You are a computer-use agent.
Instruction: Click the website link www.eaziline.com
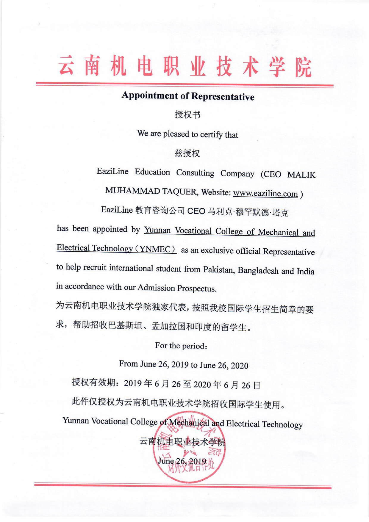[x=265, y=194]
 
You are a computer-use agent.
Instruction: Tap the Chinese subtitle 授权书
[x=187, y=115]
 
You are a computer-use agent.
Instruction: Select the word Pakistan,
[x=219, y=270]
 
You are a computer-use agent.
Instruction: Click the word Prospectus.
[x=197, y=288]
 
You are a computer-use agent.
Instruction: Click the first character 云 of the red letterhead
[x=66, y=65]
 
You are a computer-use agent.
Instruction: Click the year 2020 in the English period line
[x=239, y=366]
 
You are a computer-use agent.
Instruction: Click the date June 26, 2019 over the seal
[x=182, y=461]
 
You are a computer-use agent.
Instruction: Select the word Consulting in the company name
[x=195, y=173]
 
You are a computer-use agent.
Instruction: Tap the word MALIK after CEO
[x=301, y=175]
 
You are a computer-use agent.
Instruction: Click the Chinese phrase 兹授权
[x=187, y=153]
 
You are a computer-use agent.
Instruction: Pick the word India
[x=305, y=271]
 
